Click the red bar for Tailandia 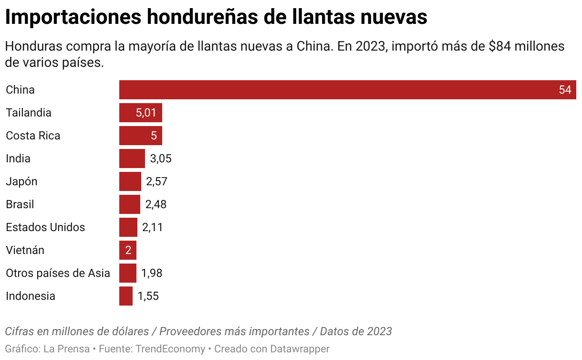[140, 113]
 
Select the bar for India [132, 159]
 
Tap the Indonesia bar [126, 296]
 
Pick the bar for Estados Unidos [128, 227]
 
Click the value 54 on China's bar [565, 90]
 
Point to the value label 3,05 [161, 159]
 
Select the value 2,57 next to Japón [157, 181]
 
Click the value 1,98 [152, 273]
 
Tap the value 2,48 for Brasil [156, 204]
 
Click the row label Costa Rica [33, 136]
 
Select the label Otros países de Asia [58, 273]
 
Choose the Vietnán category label [25, 250]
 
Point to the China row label [20, 90]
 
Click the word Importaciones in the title [73, 17]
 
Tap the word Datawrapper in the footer [300, 349]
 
